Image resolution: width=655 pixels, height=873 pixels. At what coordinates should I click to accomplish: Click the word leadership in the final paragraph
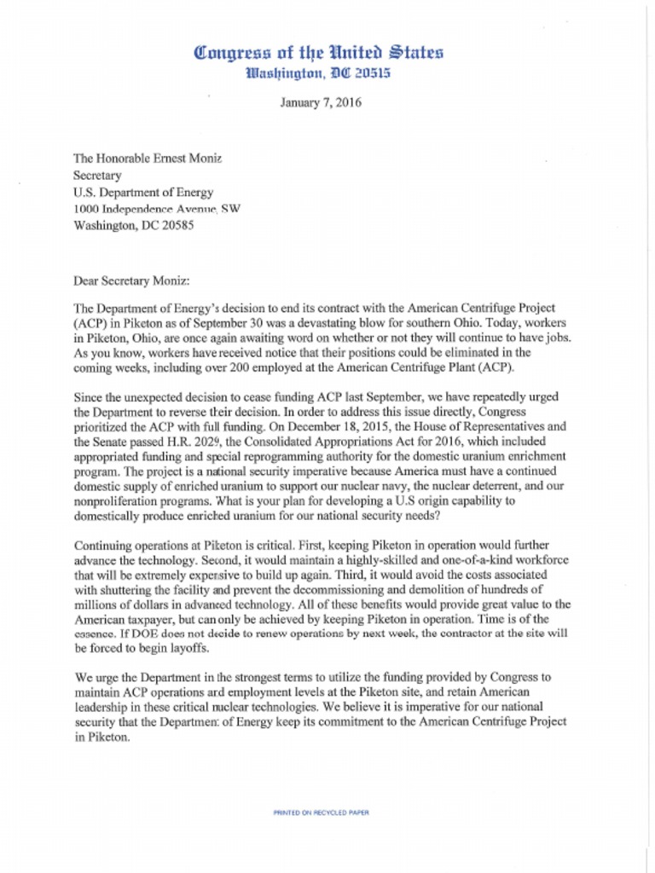click(x=105, y=708)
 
